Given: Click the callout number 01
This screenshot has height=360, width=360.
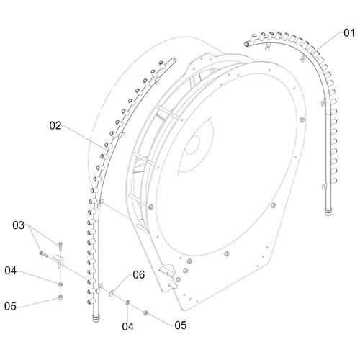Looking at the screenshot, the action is (349, 33).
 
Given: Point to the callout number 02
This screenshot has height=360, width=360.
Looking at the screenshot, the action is (55, 125).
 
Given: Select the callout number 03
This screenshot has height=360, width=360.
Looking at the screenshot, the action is (19, 225).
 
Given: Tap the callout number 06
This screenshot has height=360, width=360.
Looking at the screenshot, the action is (139, 275).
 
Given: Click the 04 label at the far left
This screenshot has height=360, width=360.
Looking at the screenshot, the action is (10, 271).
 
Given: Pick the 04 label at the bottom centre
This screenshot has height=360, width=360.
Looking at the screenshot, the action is (127, 327).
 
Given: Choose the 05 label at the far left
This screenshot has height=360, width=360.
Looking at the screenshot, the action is (10, 306).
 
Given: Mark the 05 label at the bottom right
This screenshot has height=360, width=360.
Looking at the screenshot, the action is (181, 325).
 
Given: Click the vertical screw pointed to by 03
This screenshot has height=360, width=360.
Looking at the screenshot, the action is (60, 246).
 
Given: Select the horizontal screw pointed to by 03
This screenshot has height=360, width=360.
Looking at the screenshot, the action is (43, 253).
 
